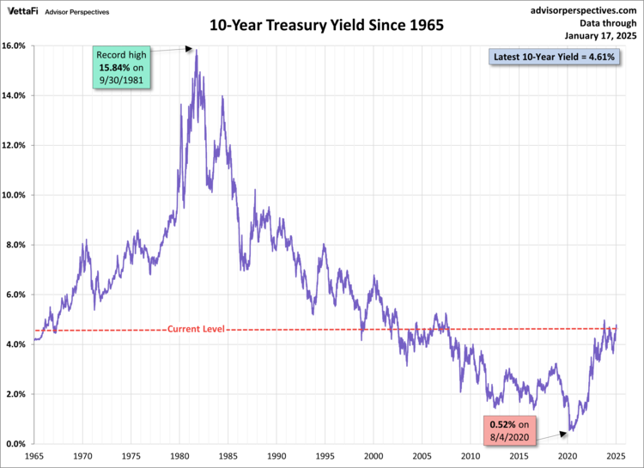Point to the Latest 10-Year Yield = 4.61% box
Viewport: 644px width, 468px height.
pyautogui.click(x=553, y=58)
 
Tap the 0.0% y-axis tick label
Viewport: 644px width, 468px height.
pyautogui.click(x=18, y=444)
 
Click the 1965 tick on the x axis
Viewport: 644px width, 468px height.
pyautogui.click(x=34, y=457)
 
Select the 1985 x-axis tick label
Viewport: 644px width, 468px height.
pyautogui.click(x=228, y=457)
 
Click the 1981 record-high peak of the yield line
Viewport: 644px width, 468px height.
pyautogui.click(x=197, y=50)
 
